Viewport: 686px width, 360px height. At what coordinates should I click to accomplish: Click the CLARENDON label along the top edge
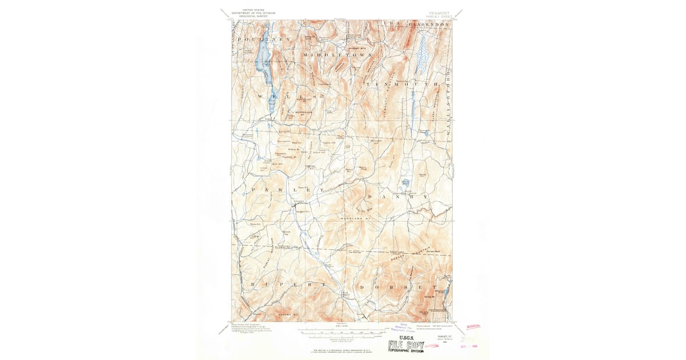[x=429, y=25]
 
